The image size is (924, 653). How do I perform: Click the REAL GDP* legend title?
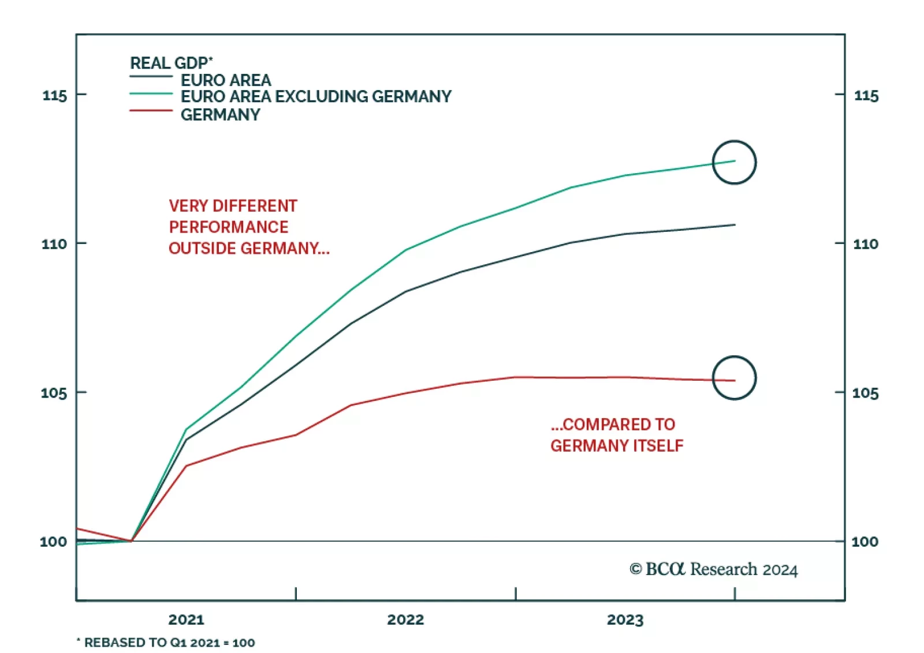point(171,63)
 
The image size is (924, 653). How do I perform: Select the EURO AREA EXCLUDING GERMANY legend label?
point(316,96)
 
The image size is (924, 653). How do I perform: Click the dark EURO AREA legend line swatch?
point(151,77)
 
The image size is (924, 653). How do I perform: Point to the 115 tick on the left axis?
point(55,95)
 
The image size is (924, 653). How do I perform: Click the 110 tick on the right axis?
point(866,244)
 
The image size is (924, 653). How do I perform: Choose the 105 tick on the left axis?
point(54,393)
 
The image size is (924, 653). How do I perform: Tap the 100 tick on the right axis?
point(865,542)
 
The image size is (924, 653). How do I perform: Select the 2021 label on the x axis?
point(186,620)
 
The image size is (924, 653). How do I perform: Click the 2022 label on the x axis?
point(405,620)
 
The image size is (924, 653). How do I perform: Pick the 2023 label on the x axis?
point(625,620)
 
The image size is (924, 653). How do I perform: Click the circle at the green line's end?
point(734,162)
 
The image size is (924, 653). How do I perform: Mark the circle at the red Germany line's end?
point(734,378)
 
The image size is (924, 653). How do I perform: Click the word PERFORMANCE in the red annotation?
point(229,227)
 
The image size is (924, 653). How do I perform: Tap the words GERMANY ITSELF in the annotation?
point(617,445)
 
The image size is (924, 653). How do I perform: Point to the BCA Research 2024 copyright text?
point(714,569)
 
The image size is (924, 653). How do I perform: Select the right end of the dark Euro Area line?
point(734,225)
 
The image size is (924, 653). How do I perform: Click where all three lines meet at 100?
point(132,541)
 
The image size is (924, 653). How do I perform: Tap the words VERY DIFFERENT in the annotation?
point(233,206)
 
